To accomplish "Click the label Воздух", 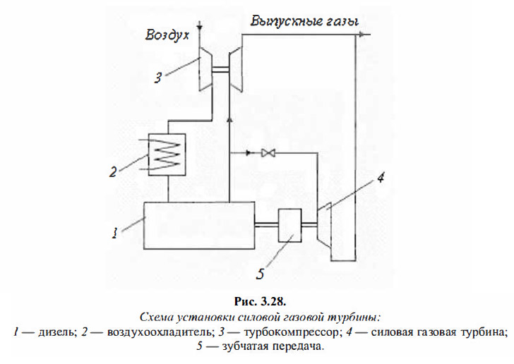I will point(167,33).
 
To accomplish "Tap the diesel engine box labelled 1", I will point(199,224).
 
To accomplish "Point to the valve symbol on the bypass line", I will point(269,153).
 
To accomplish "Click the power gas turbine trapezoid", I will point(326,226).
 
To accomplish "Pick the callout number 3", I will point(160,78).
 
